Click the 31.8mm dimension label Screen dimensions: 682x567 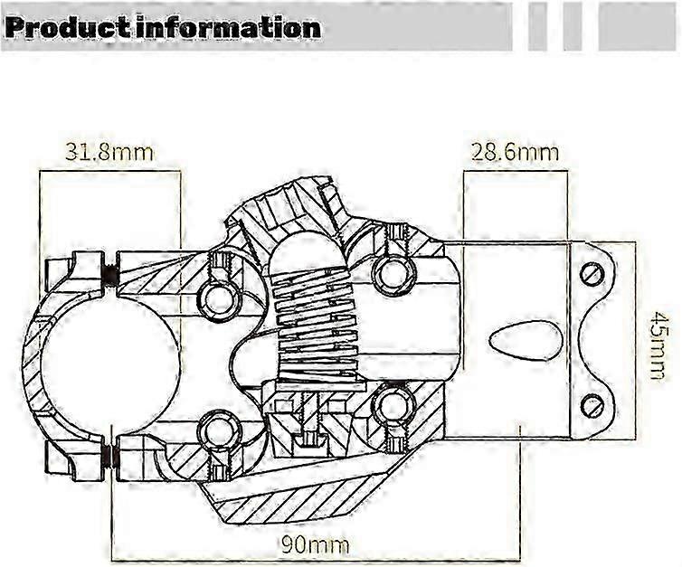109,152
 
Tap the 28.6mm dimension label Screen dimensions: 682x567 515,153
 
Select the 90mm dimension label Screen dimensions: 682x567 316,544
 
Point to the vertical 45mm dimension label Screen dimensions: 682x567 656,345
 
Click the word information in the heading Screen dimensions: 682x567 228,28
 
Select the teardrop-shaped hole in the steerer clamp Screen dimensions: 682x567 523,341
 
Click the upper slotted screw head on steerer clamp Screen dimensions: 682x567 592,274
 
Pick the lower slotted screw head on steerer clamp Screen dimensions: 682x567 592,405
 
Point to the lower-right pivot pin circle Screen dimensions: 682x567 391,404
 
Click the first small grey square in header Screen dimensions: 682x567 537,27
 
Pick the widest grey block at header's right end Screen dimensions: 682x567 638,27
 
